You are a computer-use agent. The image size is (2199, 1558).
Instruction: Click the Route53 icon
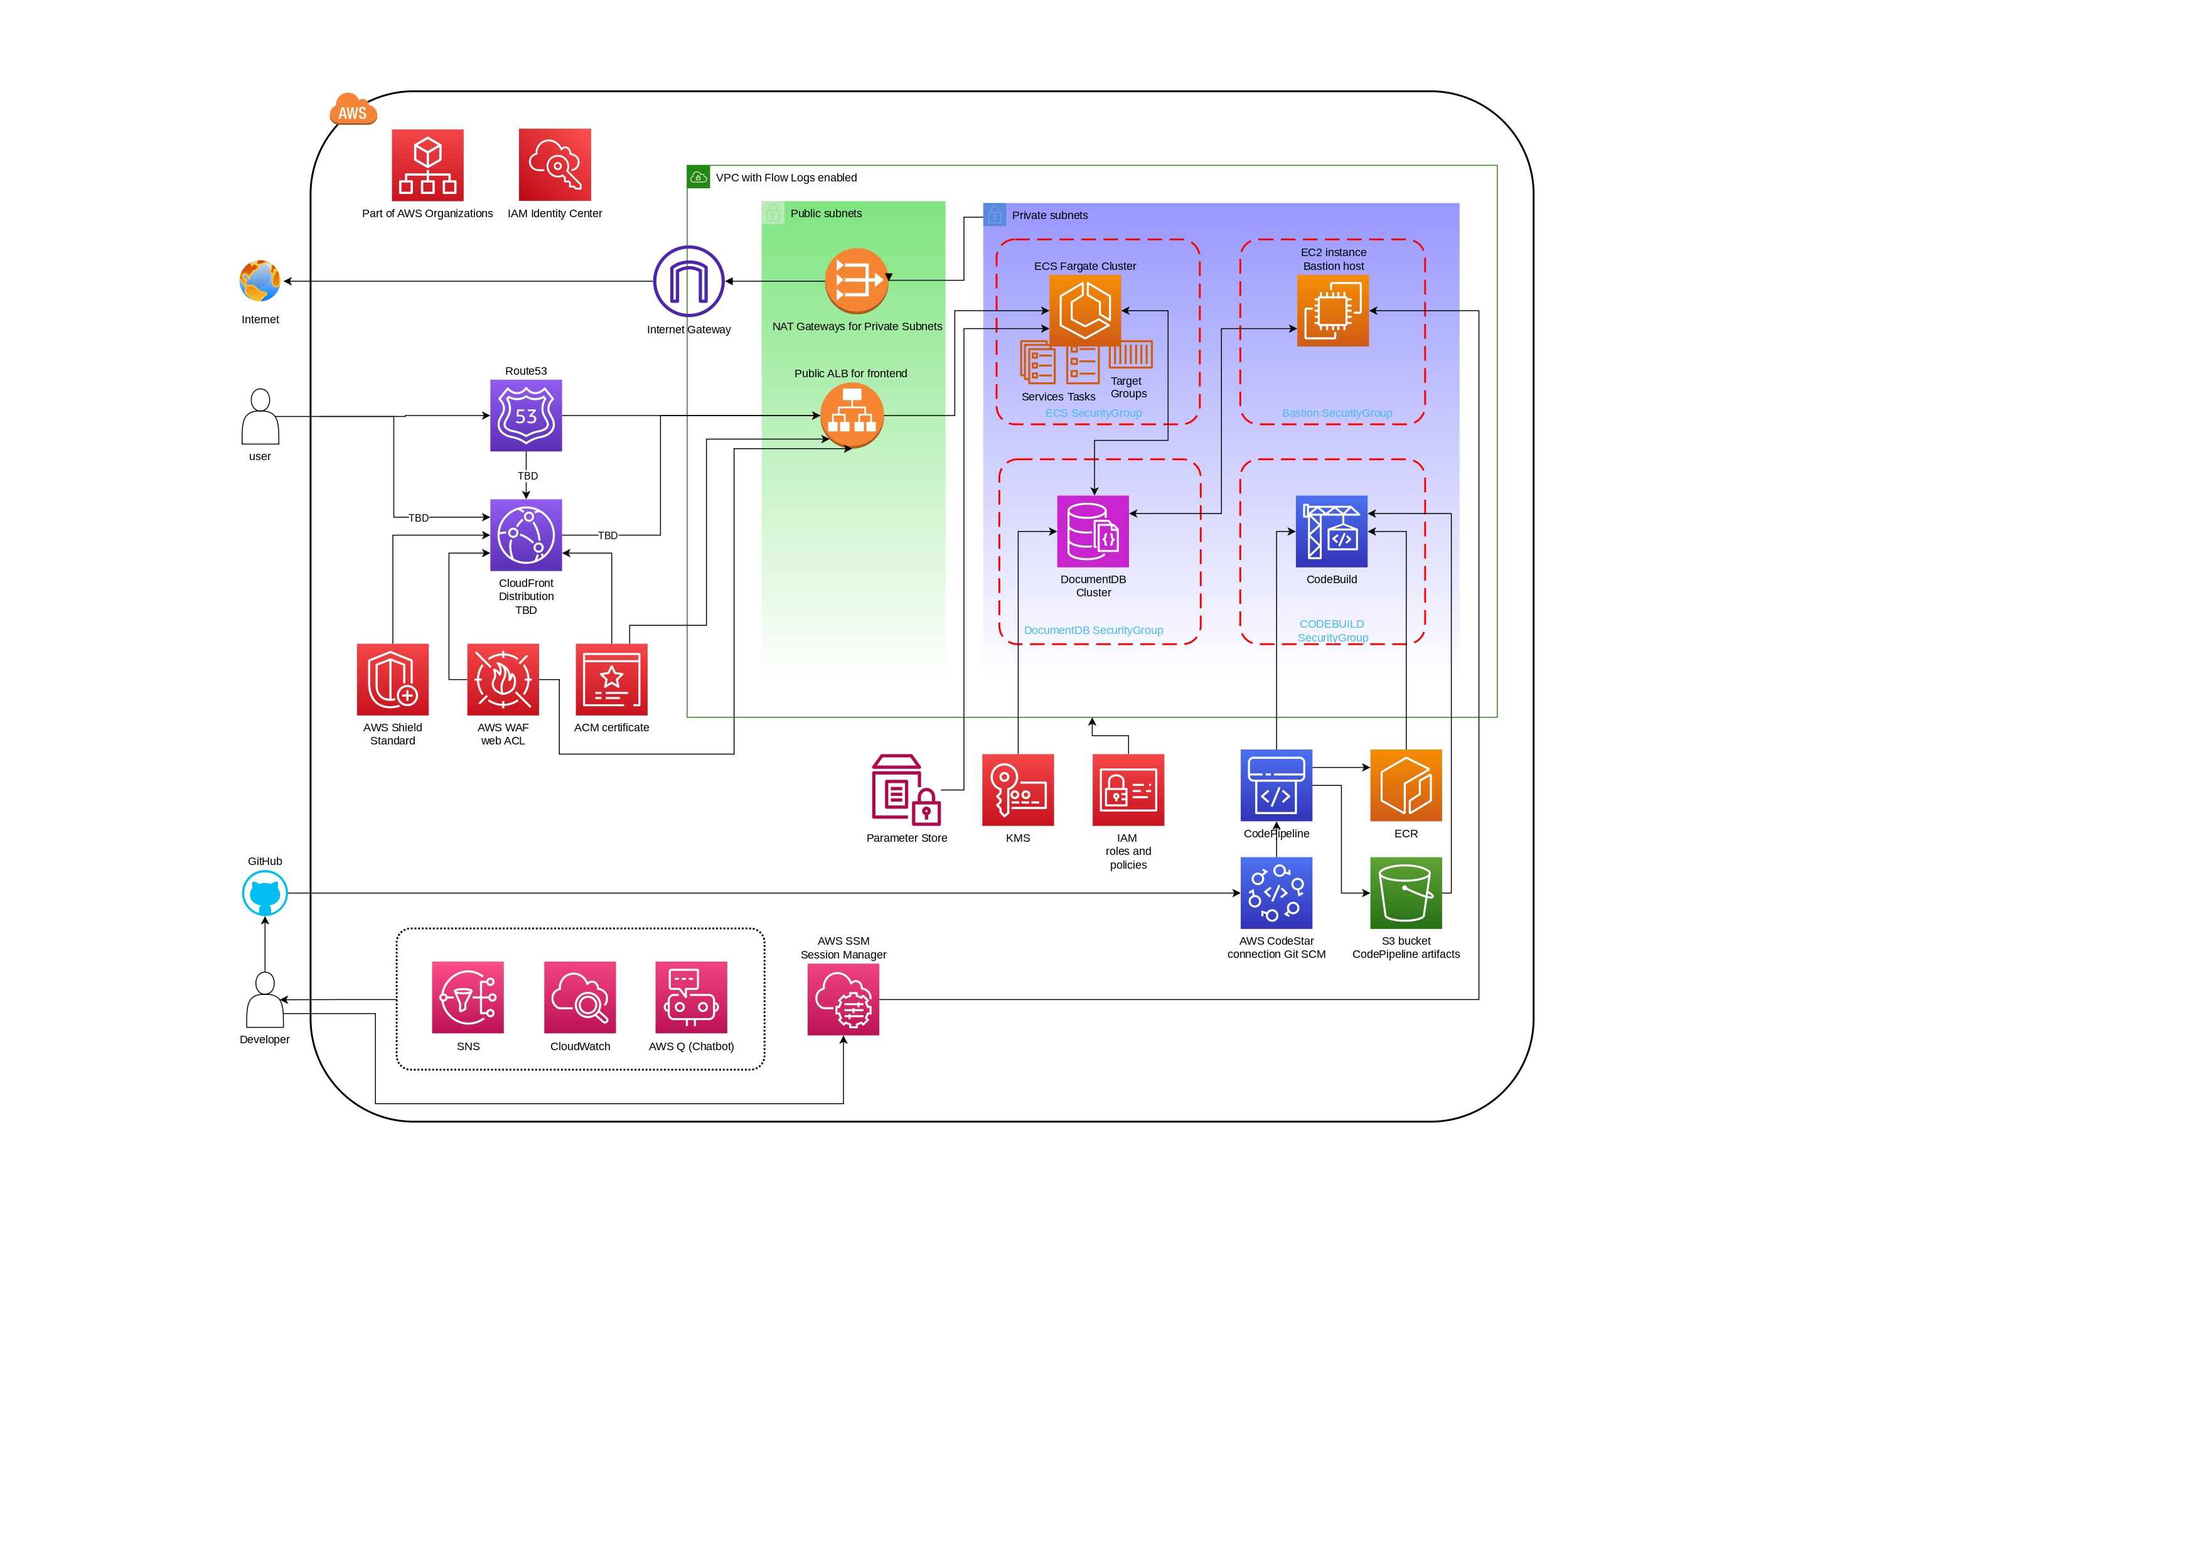(x=525, y=416)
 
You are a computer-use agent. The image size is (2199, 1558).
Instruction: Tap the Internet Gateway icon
(x=688, y=281)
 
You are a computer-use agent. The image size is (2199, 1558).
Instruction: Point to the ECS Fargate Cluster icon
(x=1084, y=310)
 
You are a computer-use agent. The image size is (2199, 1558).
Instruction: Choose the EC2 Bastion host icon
(x=1332, y=311)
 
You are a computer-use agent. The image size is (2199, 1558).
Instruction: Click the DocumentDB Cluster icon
(x=1093, y=532)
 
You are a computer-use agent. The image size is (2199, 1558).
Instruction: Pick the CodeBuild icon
(x=1331, y=532)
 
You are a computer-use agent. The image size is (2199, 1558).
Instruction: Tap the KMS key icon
(x=1017, y=790)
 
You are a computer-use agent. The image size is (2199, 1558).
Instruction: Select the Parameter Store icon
(x=906, y=790)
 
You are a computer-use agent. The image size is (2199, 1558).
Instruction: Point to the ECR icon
(x=1406, y=785)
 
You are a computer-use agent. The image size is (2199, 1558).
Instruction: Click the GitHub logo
(x=265, y=893)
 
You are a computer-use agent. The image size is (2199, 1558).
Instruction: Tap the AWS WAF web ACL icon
(x=503, y=679)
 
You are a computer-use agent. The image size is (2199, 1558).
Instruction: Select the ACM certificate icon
(x=611, y=679)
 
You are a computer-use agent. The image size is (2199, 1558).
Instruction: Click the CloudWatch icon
(x=579, y=997)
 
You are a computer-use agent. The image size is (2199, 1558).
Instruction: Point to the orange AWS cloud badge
(x=352, y=110)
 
